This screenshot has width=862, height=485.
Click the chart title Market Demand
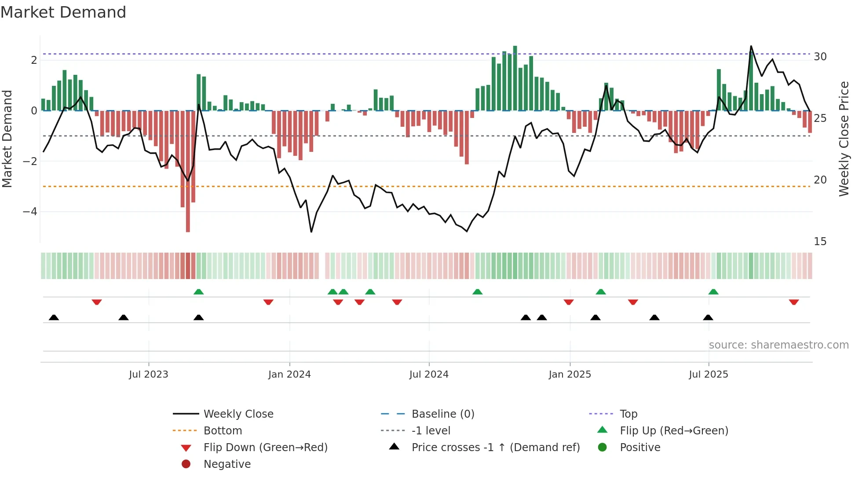[63, 12]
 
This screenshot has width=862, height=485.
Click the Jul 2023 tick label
[148, 375]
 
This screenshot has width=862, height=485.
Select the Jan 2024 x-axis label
[289, 375]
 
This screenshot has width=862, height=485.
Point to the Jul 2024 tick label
[429, 375]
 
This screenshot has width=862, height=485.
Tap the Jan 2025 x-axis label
[570, 375]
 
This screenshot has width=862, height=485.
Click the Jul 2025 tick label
[709, 375]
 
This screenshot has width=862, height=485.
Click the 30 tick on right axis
[820, 57]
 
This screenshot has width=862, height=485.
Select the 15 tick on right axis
[820, 242]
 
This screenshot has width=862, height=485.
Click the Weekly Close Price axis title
[844, 139]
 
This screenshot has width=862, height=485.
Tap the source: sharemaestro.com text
[778, 345]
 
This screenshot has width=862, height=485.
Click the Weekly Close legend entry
[238, 414]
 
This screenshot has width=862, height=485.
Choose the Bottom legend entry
[223, 431]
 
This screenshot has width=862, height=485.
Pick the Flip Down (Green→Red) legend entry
[265, 448]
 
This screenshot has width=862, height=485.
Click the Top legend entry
[628, 414]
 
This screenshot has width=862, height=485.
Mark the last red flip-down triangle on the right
[794, 302]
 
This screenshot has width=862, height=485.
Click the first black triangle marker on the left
[54, 317]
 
